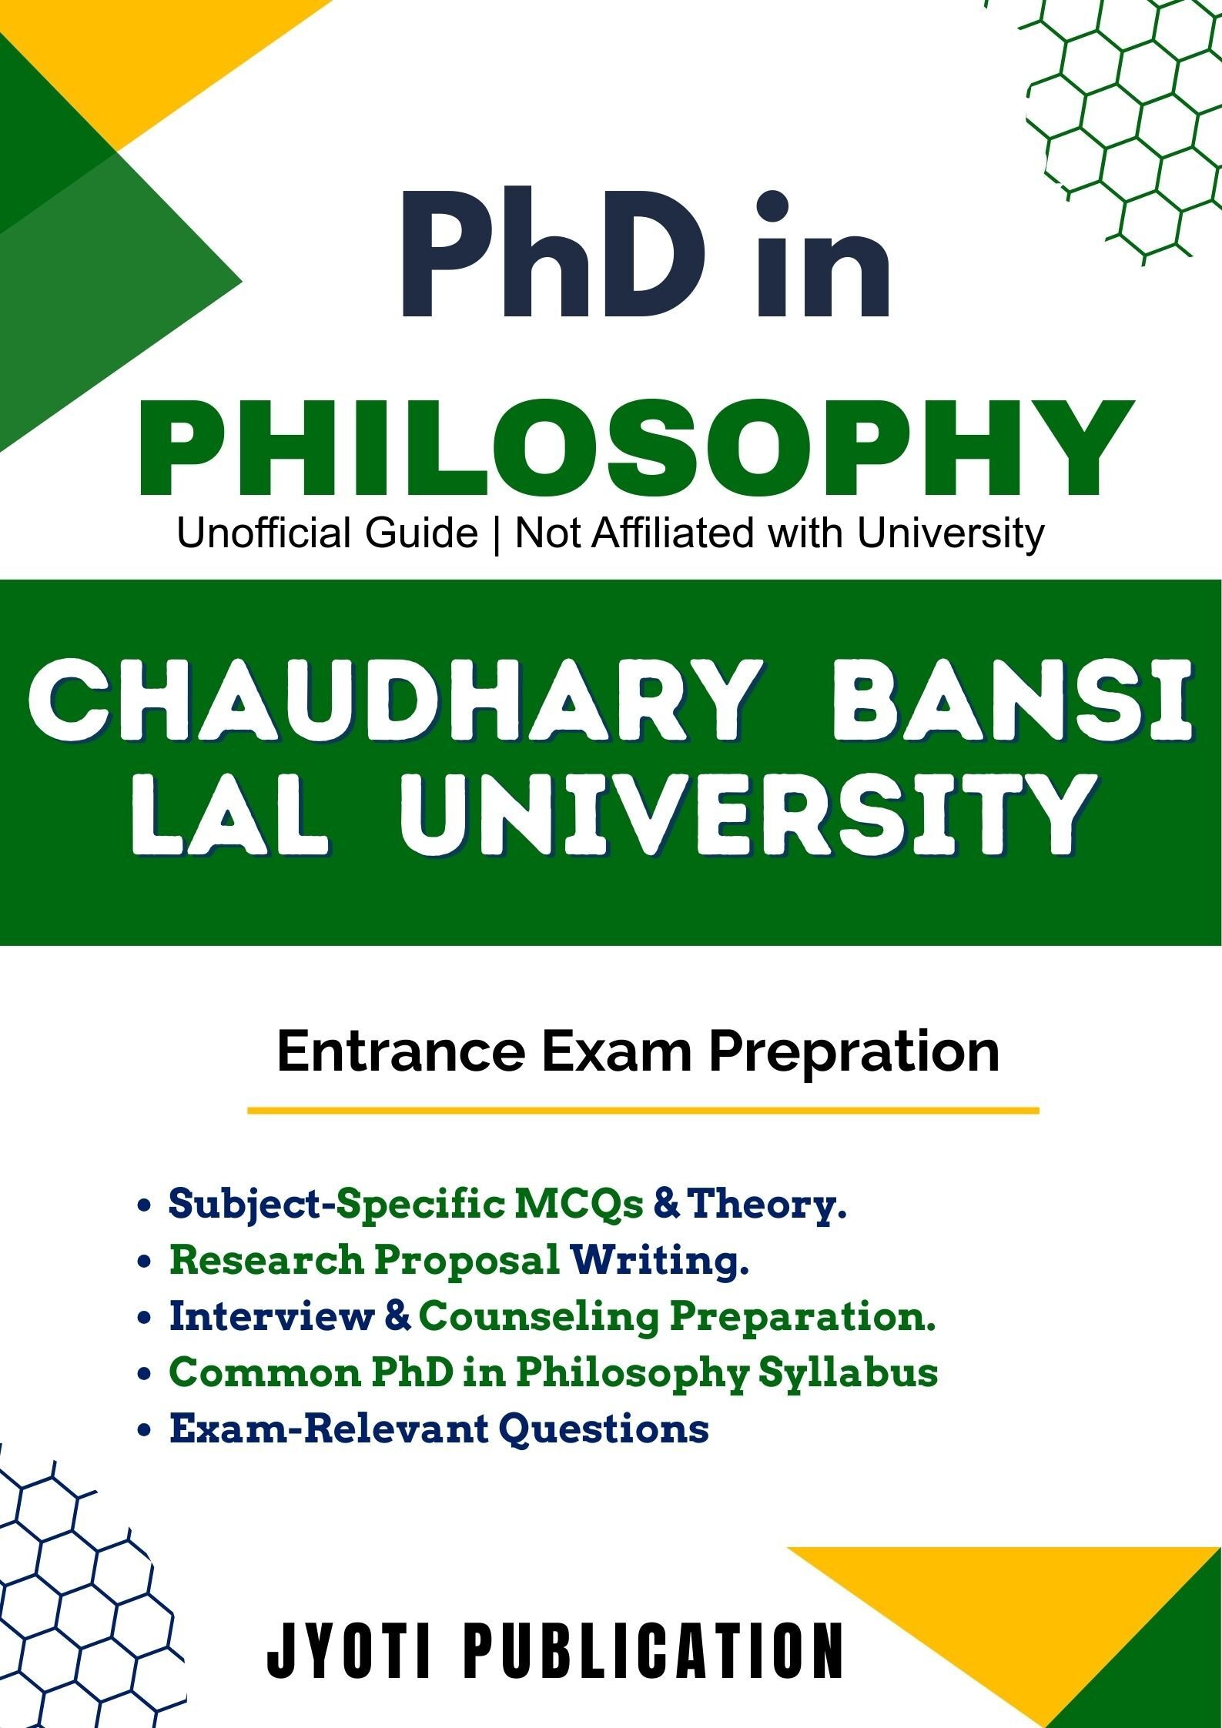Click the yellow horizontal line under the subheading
click(x=642, y=1111)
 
